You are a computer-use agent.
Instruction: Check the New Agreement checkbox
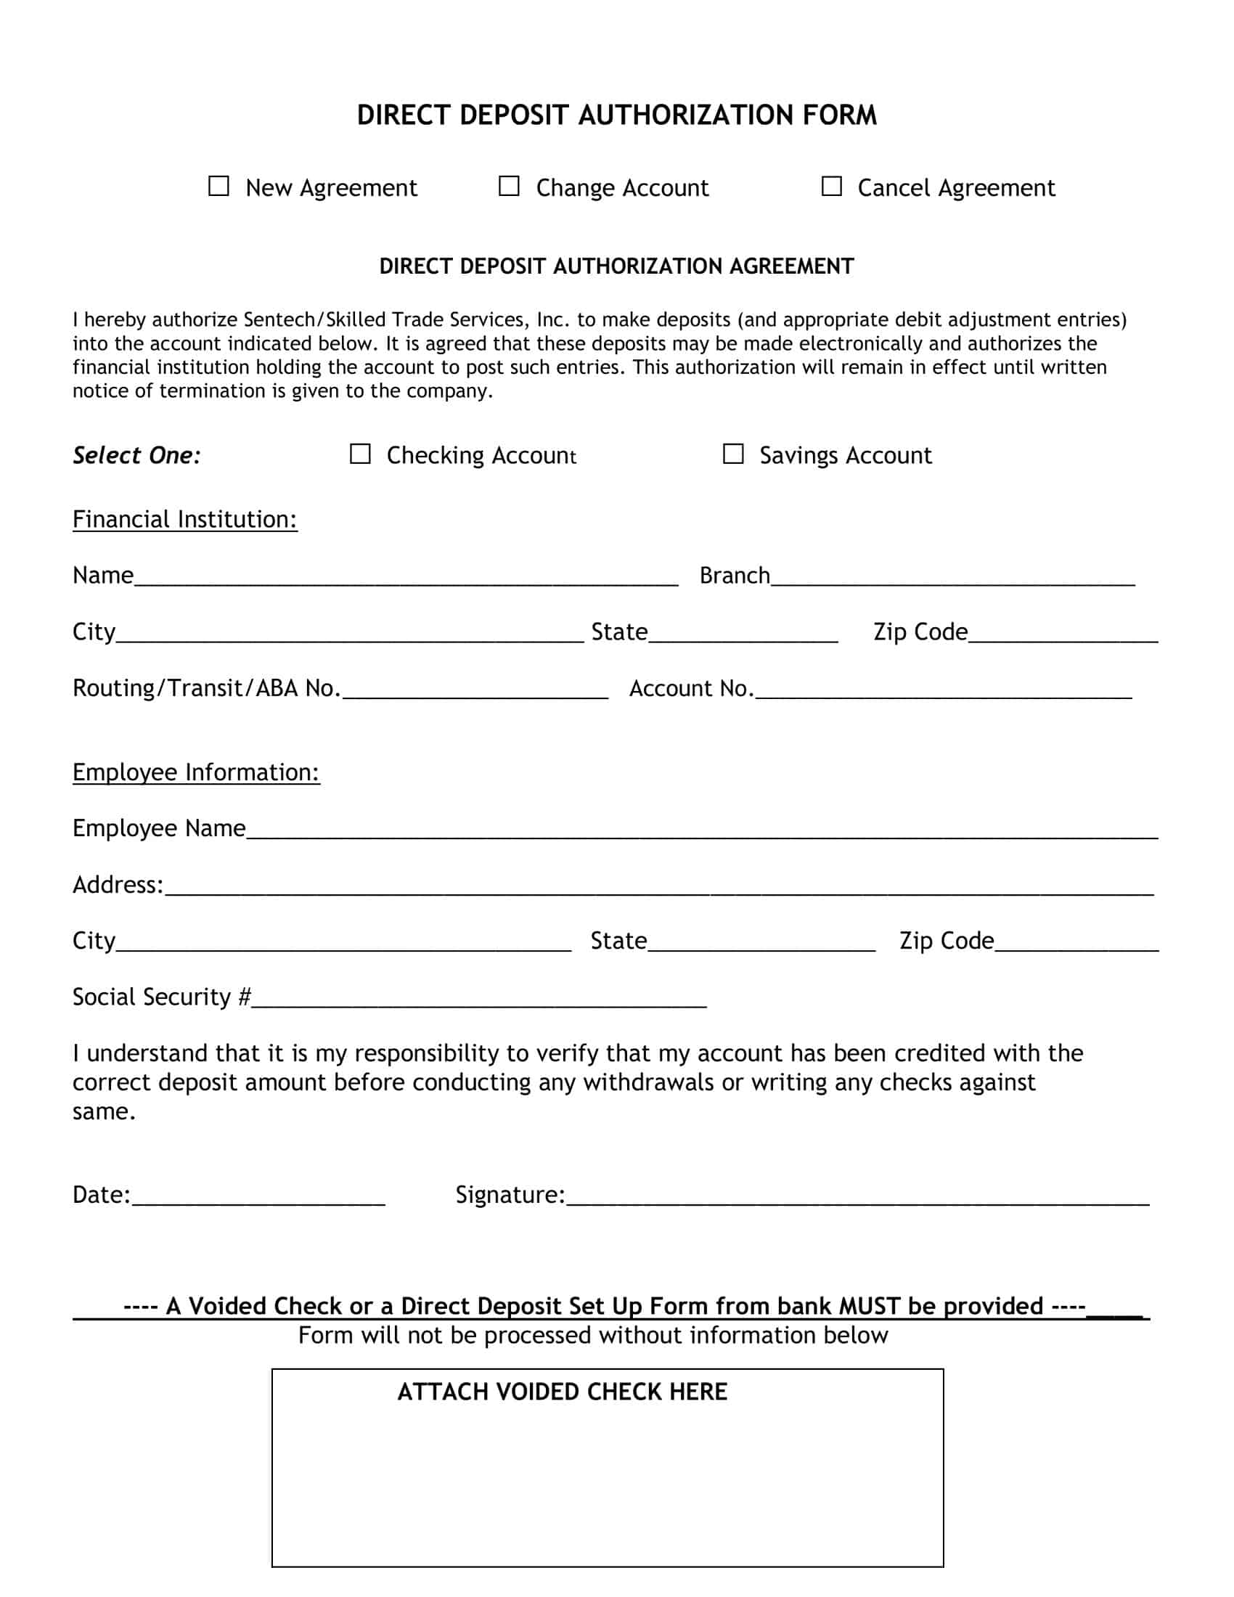click(218, 186)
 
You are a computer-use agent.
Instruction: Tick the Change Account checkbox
click(509, 186)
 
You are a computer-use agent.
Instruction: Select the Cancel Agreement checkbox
click(831, 186)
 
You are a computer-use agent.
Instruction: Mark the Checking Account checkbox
click(359, 454)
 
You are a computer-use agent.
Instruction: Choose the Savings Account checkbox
click(732, 454)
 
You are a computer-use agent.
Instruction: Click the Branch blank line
click(952, 578)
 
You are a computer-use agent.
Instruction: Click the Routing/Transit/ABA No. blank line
click(475, 690)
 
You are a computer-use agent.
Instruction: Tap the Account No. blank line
click(943, 690)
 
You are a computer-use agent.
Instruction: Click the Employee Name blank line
click(702, 830)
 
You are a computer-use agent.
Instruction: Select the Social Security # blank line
click(479, 999)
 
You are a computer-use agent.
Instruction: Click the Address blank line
click(658, 887)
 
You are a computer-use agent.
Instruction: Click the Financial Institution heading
click(185, 519)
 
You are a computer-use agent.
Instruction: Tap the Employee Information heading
click(196, 772)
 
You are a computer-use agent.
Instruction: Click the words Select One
click(136, 456)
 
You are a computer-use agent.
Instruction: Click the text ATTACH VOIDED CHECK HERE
click(562, 1392)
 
